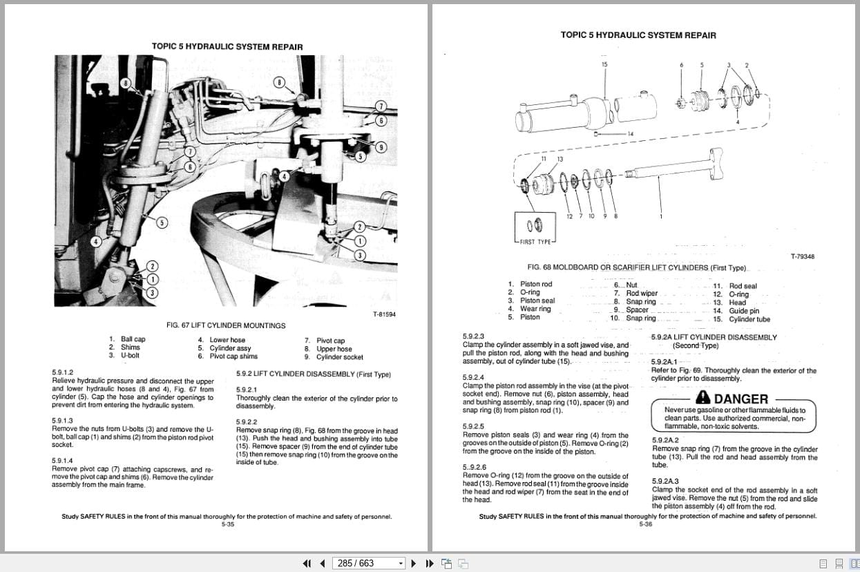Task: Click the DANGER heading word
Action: (x=740, y=399)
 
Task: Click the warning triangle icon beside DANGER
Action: (x=703, y=397)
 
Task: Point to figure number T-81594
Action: (x=385, y=314)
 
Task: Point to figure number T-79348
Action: (x=802, y=256)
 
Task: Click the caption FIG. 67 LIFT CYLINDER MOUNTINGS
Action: (x=226, y=325)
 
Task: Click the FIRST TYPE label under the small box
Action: (x=535, y=242)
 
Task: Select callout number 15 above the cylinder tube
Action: (x=604, y=64)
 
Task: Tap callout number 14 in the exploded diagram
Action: (x=629, y=133)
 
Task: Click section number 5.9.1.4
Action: (x=62, y=461)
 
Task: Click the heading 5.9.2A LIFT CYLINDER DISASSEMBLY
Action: (x=714, y=337)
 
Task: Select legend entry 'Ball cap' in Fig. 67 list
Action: (x=133, y=339)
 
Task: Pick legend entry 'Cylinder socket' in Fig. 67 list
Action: (x=339, y=357)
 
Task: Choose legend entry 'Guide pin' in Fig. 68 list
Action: (x=744, y=311)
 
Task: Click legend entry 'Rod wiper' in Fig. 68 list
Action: (x=642, y=294)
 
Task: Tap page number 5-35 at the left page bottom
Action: (x=228, y=524)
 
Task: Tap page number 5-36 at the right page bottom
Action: (x=646, y=524)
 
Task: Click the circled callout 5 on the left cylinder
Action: (x=161, y=222)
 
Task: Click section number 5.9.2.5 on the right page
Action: (x=473, y=426)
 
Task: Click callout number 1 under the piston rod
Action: (x=660, y=216)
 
